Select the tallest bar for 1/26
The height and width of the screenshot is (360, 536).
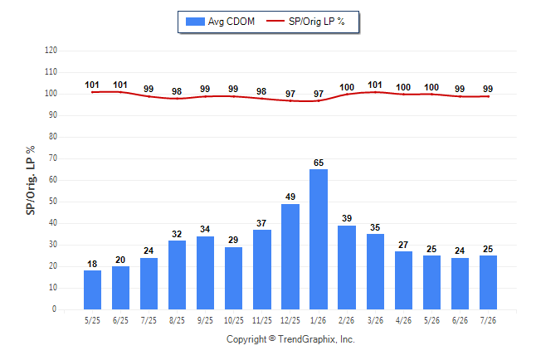(319, 240)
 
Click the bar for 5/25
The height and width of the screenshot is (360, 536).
(92, 290)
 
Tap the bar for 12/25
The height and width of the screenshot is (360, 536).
(290, 257)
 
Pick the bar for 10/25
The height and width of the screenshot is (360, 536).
(233, 278)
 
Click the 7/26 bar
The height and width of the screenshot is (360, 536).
(488, 282)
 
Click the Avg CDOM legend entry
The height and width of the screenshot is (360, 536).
(220, 22)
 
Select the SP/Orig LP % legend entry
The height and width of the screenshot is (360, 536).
(305, 22)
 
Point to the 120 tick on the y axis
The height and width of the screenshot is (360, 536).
(51, 51)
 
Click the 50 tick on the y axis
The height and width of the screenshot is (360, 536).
(52, 202)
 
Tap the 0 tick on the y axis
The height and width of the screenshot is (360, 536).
(54, 309)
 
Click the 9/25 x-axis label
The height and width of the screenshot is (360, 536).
(205, 320)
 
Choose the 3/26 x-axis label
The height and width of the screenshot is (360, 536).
(375, 320)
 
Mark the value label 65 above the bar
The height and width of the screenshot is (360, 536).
(319, 163)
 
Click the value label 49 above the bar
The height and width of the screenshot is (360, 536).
(290, 197)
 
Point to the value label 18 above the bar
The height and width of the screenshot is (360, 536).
(92, 264)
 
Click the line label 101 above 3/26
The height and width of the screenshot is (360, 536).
(375, 85)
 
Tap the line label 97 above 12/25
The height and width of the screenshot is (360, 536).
(290, 94)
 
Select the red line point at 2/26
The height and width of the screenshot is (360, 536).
(347, 95)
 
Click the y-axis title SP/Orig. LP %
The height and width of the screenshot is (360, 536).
(31, 180)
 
